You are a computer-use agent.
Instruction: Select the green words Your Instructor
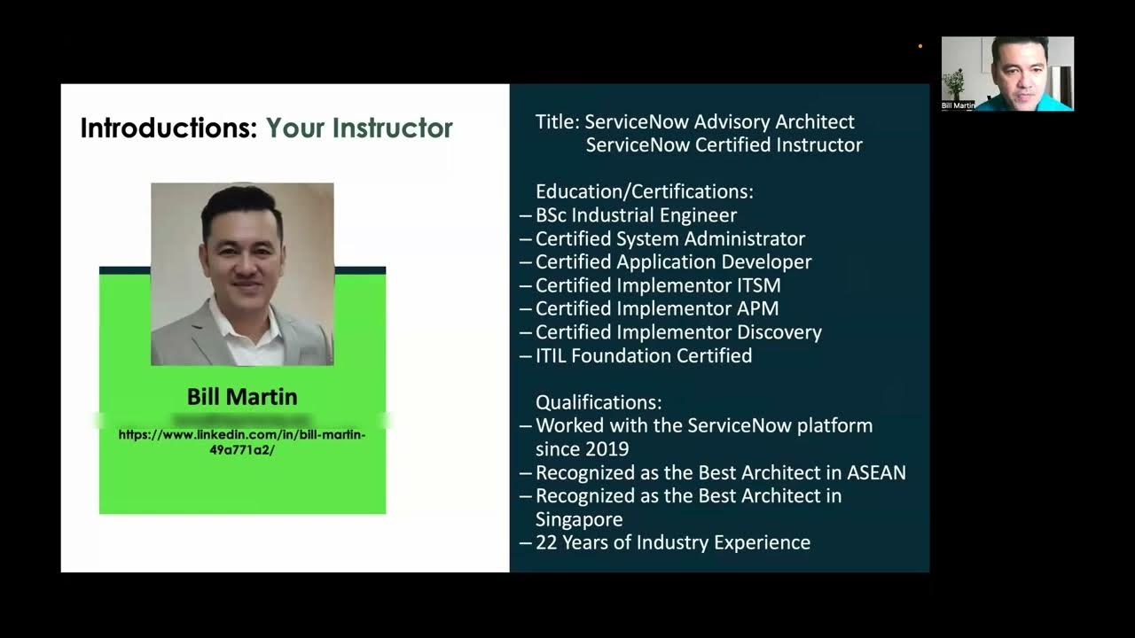(x=359, y=128)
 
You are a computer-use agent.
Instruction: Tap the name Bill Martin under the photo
(x=242, y=396)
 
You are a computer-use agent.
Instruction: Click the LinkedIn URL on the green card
(x=242, y=441)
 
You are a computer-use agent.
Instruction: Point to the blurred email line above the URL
(x=241, y=418)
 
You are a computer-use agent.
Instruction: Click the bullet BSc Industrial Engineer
(x=636, y=215)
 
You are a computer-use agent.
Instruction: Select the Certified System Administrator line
(x=670, y=238)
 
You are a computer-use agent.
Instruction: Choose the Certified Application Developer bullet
(x=673, y=262)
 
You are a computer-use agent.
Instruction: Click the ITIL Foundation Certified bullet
(x=644, y=355)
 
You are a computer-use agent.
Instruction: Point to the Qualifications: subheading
(x=599, y=402)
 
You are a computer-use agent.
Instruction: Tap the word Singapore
(x=579, y=519)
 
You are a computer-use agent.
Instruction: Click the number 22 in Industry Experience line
(x=547, y=542)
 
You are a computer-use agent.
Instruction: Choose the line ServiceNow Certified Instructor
(x=724, y=144)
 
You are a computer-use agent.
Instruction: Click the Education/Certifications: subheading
(x=645, y=191)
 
